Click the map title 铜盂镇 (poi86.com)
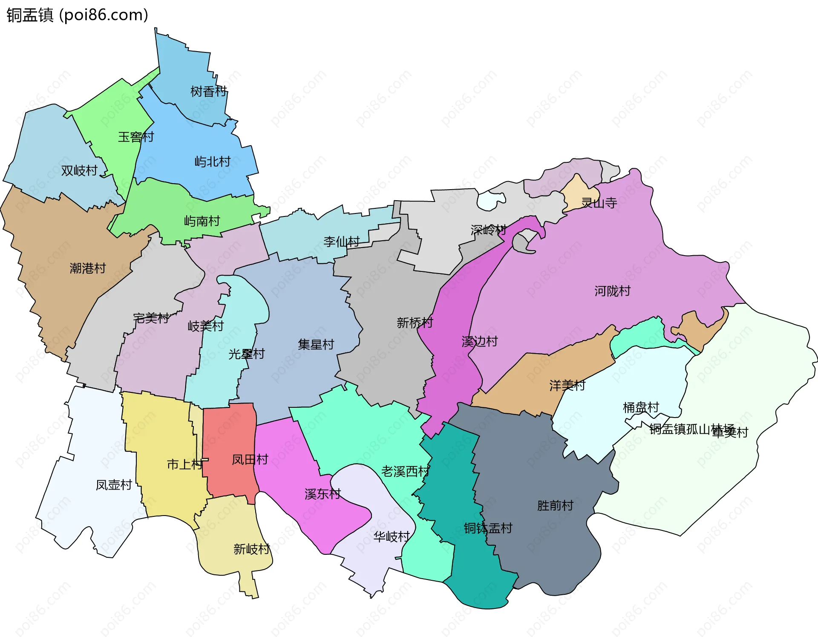coord(77,15)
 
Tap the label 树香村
coord(208,92)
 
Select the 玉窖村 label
coord(136,137)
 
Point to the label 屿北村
coord(213,162)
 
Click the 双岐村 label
coord(79,171)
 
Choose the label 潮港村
coord(88,268)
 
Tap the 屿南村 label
coord(202,221)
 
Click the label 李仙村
coord(342,242)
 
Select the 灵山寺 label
coord(599,203)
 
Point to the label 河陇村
coord(612,291)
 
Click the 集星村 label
coord(316,345)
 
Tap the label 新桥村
coord(415,323)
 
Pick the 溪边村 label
coord(480,342)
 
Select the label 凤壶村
coord(114,485)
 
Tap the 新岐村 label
coord(252,549)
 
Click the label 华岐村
coord(392,537)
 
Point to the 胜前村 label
coord(555,506)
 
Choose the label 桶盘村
coord(641,408)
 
